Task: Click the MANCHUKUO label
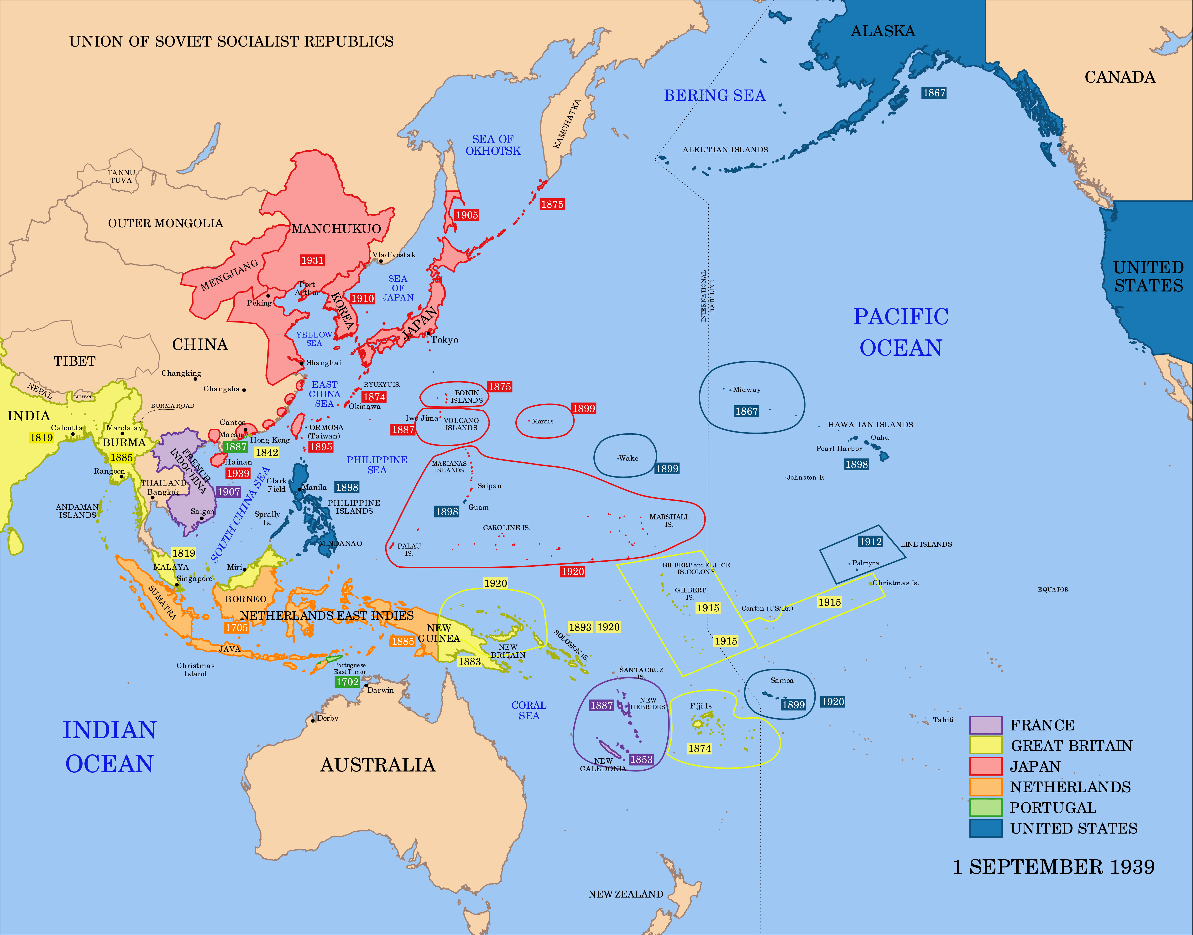(x=336, y=229)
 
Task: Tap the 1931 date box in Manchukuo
(x=312, y=261)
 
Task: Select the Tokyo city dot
(x=429, y=333)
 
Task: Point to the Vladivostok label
(x=394, y=254)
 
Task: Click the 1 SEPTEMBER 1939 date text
(x=1053, y=867)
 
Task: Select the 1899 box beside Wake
(x=667, y=469)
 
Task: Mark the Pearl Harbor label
(x=839, y=448)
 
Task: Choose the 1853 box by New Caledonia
(x=641, y=759)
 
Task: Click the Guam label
(x=478, y=507)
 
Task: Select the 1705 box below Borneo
(x=236, y=627)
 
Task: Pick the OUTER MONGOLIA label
(x=165, y=223)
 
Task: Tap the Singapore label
(x=194, y=579)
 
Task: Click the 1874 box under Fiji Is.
(x=699, y=748)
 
